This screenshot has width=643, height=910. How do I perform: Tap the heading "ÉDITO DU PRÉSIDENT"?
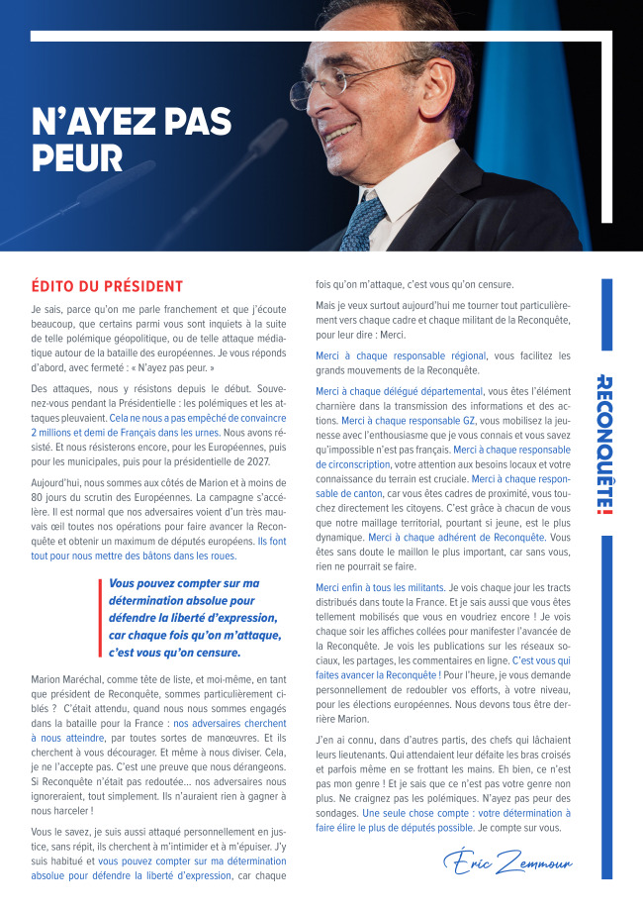coord(107,286)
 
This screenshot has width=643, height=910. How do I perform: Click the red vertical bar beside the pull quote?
coord(101,618)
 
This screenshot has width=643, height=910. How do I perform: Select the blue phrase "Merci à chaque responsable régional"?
coord(401,356)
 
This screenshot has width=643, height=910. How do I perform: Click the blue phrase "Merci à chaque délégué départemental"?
coord(399,391)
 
